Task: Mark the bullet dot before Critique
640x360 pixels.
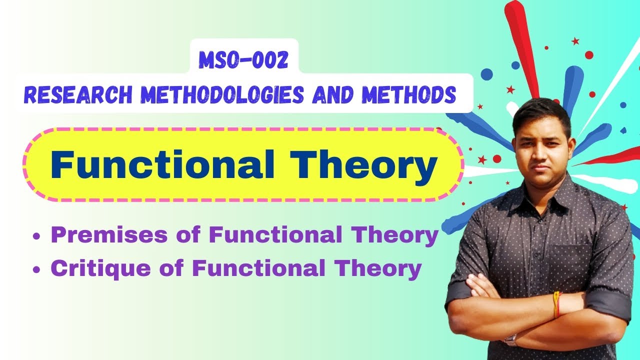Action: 36,270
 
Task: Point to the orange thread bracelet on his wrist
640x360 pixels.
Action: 556,305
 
